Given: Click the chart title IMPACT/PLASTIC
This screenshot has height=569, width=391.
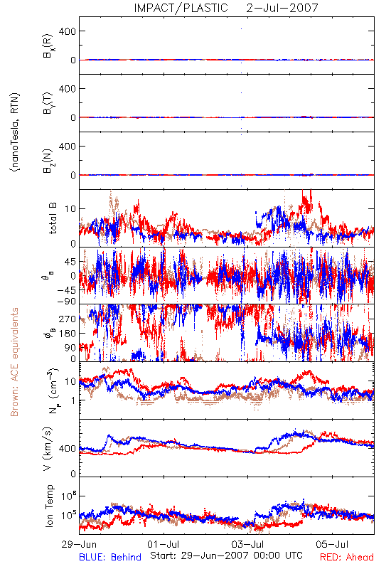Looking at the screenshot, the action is point(181,8).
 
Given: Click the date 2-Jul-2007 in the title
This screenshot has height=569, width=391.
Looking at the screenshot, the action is point(282,8).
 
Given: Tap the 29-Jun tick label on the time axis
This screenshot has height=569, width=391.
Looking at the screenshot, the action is point(79,544).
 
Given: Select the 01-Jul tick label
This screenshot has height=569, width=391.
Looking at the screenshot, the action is point(164,544).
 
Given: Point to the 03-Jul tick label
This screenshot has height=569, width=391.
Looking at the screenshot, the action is point(247,544).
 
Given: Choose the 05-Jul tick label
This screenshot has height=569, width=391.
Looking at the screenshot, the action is point(332,544).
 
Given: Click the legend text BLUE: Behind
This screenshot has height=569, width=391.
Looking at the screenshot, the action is point(110,557).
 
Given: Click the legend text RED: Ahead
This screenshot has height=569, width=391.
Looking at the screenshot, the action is point(346,557).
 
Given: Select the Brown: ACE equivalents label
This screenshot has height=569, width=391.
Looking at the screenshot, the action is point(14,362).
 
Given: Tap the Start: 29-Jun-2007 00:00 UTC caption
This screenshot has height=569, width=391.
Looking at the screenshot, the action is point(226,555).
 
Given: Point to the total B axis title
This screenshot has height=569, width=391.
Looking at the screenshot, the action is point(52,218).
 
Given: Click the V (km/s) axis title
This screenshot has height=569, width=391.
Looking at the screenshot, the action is point(48,449).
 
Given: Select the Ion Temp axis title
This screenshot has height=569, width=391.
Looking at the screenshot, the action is point(49,506).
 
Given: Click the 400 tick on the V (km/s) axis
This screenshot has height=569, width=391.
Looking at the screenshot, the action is point(68,449).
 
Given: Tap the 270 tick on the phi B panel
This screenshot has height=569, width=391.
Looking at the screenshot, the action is point(68,319).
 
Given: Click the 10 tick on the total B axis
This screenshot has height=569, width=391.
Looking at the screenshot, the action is point(70,209).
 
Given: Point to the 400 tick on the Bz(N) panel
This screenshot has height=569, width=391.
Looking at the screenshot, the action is point(68,147).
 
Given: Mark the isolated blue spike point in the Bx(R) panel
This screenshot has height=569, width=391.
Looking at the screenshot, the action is point(241,28).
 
